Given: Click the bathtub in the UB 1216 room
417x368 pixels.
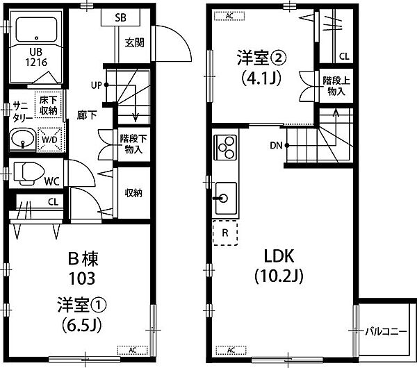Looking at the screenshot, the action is pos(36,29).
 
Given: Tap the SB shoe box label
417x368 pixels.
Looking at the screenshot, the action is pos(120,17).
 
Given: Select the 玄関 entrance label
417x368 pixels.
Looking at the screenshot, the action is pos(135,42).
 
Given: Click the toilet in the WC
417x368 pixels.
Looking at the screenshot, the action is pos(28,174).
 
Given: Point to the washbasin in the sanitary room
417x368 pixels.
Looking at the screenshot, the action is pos(23,140).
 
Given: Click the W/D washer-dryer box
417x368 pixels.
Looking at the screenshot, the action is pos(49,140).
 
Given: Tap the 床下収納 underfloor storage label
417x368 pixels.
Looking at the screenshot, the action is pos(49,106).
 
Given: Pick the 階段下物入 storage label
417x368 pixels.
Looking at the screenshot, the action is pos(133,144).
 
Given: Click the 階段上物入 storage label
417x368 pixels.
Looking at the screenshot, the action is pos(336,86).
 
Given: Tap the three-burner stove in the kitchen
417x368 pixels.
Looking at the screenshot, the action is pos(225,147).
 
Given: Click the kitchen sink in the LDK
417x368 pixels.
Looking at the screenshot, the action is pos(226,198).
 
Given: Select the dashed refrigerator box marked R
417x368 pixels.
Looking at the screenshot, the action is pos(225,233).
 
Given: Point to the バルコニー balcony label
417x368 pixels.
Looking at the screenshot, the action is pos(386,332).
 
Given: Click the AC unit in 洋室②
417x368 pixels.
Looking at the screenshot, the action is pos(229,16).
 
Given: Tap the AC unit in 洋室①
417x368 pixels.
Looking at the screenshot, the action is pos(133,350).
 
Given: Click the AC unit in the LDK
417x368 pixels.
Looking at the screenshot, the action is pos(231,350).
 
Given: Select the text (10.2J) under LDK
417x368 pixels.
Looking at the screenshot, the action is pos(279,277).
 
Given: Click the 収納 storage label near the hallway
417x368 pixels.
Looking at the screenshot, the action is pos(133,193).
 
